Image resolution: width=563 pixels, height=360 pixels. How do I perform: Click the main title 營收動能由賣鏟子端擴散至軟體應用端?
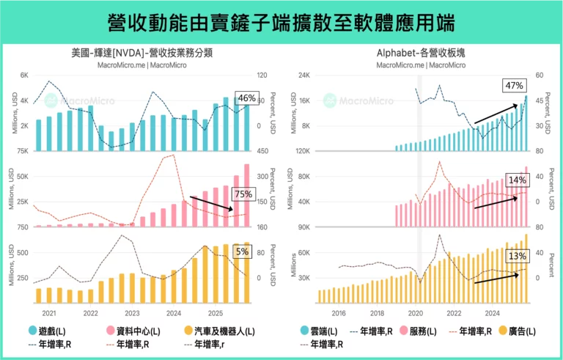(x=281, y=23)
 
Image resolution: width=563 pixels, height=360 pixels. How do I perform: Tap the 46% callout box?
(x=246, y=98)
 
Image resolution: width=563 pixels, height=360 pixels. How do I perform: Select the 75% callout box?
(x=243, y=194)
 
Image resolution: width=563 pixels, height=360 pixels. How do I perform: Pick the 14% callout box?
(x=517, y=180)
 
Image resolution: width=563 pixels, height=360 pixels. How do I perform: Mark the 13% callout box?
(x=517, y=256)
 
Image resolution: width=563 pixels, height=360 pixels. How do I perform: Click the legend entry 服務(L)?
(x=414, y=331)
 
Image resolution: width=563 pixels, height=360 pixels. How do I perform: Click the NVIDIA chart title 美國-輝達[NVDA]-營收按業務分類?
(x=142, y=53)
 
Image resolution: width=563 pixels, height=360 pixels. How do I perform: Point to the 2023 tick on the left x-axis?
(x=132, y=312)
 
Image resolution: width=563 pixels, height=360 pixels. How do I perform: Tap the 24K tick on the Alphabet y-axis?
(x=303, y=76)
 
